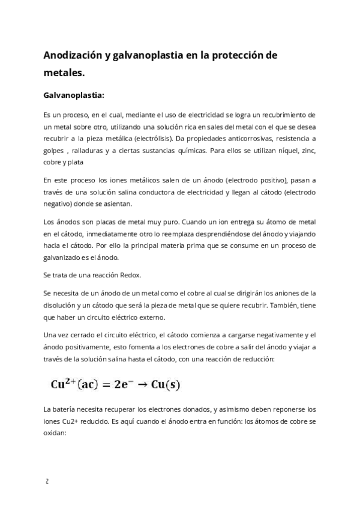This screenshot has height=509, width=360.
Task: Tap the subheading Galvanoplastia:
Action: coord(74,95)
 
